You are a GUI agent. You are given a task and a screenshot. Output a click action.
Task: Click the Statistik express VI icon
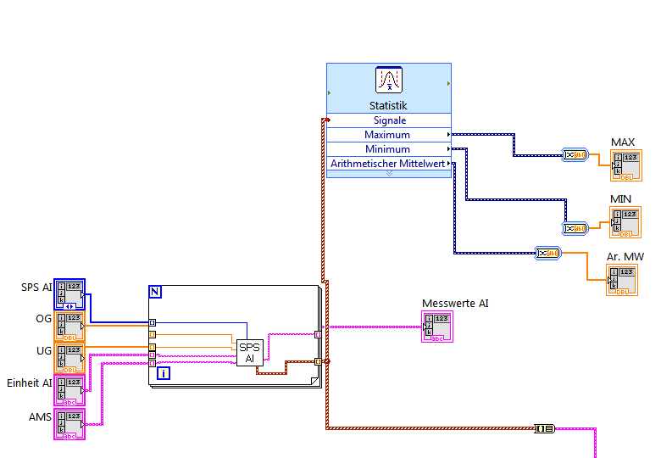point(389,81)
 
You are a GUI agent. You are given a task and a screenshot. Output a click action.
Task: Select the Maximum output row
point(388,135)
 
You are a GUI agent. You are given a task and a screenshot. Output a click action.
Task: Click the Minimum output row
point(388,149)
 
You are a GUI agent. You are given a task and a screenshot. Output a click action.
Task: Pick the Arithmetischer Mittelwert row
point(388,164)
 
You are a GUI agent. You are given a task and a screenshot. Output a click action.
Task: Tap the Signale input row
point(388,120)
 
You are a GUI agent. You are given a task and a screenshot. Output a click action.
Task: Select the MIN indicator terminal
point(625,222)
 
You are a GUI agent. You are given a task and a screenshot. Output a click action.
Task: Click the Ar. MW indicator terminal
point(622,279)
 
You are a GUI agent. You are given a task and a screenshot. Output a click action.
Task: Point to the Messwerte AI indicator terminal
point(438,327)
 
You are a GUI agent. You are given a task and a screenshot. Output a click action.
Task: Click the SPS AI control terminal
point(69,293)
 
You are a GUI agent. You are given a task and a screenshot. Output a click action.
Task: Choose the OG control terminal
point(69,327)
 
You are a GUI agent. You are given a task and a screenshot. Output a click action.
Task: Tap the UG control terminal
point(69,358)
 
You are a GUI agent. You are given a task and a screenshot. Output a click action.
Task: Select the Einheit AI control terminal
point(69,390)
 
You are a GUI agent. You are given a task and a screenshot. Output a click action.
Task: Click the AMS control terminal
point(69,423)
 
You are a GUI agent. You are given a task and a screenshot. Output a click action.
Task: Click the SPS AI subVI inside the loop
point(249,353)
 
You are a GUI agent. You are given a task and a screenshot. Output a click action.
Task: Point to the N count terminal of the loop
point(155,292)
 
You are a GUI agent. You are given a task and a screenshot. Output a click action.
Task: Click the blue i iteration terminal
point(164,372)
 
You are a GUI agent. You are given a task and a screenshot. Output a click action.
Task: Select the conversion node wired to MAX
point(575,154)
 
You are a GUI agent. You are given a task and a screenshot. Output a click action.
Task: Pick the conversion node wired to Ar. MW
point(547,252)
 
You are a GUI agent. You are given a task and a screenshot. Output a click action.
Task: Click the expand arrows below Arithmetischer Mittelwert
point(389,173)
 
